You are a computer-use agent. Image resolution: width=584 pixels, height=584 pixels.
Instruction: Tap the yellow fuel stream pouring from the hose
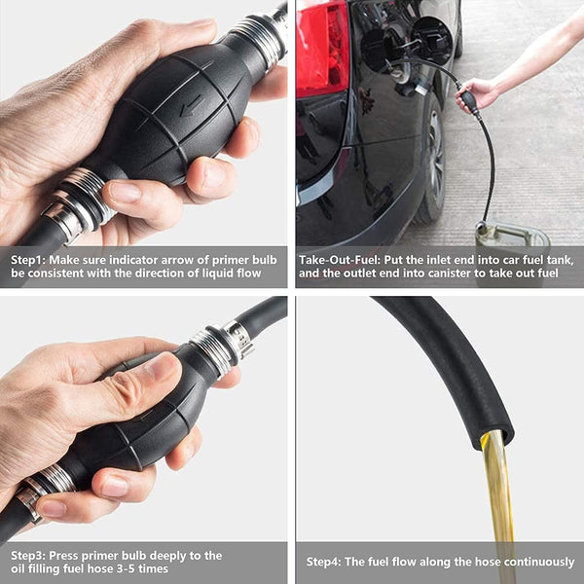point(498,496)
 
